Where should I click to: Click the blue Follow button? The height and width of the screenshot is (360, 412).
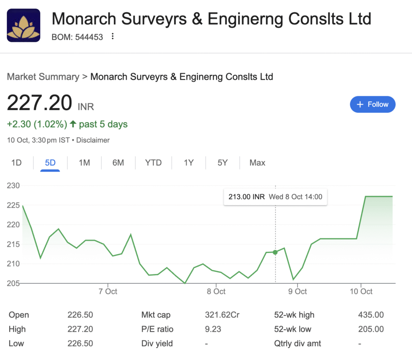click(x=373, y=104)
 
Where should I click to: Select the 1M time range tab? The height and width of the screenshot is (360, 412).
click(x=84, y=163)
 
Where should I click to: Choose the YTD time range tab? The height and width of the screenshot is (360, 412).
click(x=153, y=163)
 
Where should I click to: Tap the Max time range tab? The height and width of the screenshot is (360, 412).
click(x=257, y=163)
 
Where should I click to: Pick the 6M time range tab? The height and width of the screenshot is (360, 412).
click(x=118, y=163)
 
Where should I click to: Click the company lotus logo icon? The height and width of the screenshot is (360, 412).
click(x=23, y=25)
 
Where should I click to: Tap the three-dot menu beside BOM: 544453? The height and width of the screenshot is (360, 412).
click(x=113, y=37)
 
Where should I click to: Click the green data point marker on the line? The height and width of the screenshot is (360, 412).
click(x=275, y=252)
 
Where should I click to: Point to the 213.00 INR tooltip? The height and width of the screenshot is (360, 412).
click(x=275, y=197)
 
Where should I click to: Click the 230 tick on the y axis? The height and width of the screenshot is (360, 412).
click(x=14, y=186)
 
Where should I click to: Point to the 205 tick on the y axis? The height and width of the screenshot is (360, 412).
click(x=14, y=283)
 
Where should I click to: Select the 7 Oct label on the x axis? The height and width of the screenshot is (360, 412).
click(x=108, y=291)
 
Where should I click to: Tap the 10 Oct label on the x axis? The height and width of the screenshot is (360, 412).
click(x=361, y=291)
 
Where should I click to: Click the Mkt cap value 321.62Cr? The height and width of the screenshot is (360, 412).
click(x=222, y=315)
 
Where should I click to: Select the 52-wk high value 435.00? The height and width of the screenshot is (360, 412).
click(x=371, y=315)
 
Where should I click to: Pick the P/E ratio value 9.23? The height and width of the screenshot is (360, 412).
click(x=213, y=329)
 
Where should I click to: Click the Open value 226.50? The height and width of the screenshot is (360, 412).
click(x=80, y=315)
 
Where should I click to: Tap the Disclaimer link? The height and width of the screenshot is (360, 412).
click(x=93, y=140)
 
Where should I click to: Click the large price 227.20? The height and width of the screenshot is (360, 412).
click(x=39, y=103)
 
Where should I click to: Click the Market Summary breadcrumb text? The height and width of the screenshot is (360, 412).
click(x=43, y=77)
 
